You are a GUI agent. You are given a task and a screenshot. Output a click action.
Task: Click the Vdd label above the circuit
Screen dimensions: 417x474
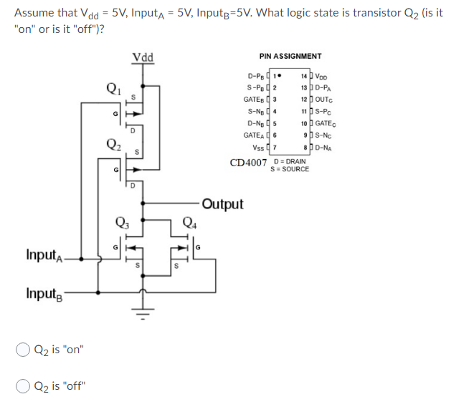(x=142, y=57)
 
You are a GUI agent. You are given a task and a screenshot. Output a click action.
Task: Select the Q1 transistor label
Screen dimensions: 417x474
(x=113, y=90)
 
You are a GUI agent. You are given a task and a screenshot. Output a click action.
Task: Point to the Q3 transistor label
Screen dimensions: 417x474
(x=123, y=220)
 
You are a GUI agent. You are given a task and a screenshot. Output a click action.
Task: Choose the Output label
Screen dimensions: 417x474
(x=222, y=204)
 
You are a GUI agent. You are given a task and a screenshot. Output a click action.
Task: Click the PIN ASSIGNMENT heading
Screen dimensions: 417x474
(x=290, y=56)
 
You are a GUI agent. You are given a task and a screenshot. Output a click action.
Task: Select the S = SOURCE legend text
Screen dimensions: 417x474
(x=290, y=169)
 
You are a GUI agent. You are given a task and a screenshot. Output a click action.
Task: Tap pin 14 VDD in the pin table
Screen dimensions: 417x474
(x=315, y=77)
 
